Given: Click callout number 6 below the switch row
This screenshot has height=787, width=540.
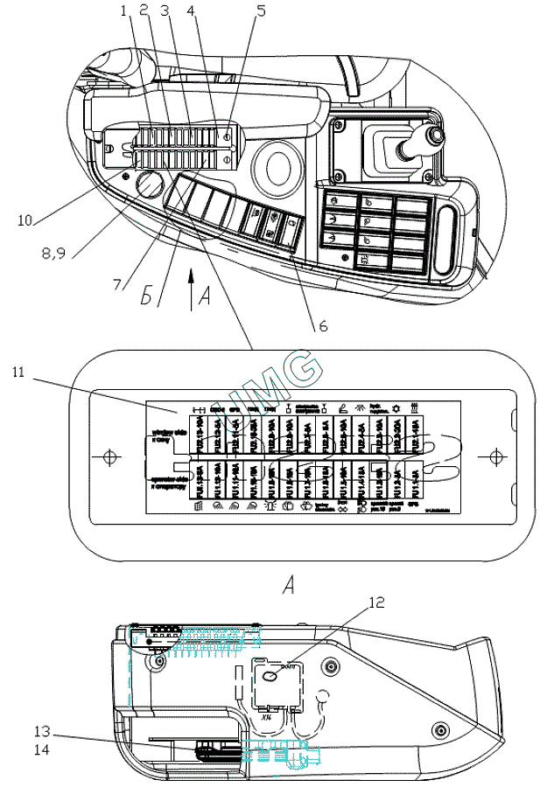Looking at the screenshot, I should click(x=321, y=326).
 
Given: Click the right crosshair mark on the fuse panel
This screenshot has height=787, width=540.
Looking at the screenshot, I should click(x=495, y=456).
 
